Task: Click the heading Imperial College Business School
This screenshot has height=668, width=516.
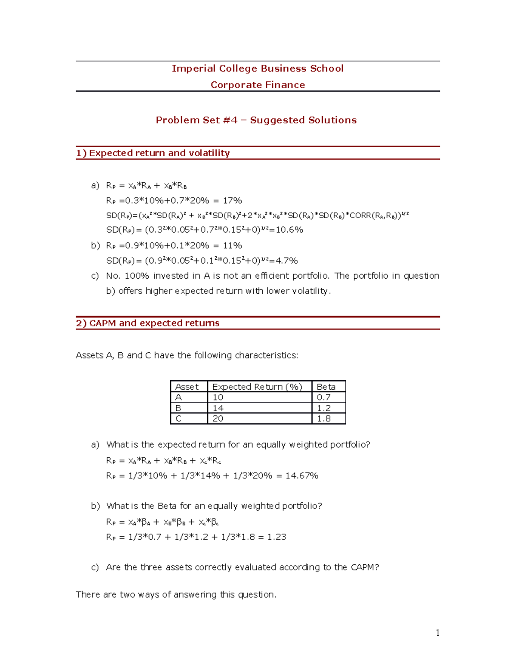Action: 258,68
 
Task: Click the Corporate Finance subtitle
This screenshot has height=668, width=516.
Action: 258,85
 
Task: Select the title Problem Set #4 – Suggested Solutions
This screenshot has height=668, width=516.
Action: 256,120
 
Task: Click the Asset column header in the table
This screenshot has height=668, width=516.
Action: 187,387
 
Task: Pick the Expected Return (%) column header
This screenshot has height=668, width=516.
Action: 257,387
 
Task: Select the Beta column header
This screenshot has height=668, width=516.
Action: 326,387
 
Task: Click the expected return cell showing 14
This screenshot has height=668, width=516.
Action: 218,408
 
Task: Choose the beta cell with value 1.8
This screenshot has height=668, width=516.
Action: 324,419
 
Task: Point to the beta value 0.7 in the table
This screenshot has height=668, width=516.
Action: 324,397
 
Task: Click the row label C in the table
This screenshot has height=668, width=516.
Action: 178,419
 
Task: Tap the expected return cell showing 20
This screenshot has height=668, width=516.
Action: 218,419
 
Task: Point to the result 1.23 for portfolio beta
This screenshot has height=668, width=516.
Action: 276,537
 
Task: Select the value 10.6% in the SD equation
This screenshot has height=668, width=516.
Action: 289,230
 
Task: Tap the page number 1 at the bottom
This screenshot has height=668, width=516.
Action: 437,632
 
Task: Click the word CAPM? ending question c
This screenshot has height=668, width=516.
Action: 365,567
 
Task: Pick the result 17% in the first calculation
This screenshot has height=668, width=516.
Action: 232,200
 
